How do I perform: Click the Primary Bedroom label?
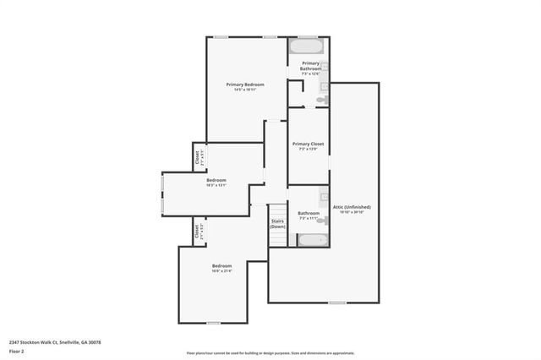[245, 85]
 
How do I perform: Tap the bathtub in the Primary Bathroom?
[304, 47]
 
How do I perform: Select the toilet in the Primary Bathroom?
[321, 100]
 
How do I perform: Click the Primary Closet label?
[309, 145]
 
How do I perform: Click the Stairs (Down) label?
[277, 224]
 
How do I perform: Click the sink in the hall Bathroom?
[323, 198]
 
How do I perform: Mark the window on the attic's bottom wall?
[337, 302]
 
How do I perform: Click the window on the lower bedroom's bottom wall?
[214, 323]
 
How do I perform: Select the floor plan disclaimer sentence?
[270, 353]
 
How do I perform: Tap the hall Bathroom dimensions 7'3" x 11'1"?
[309, 218]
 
